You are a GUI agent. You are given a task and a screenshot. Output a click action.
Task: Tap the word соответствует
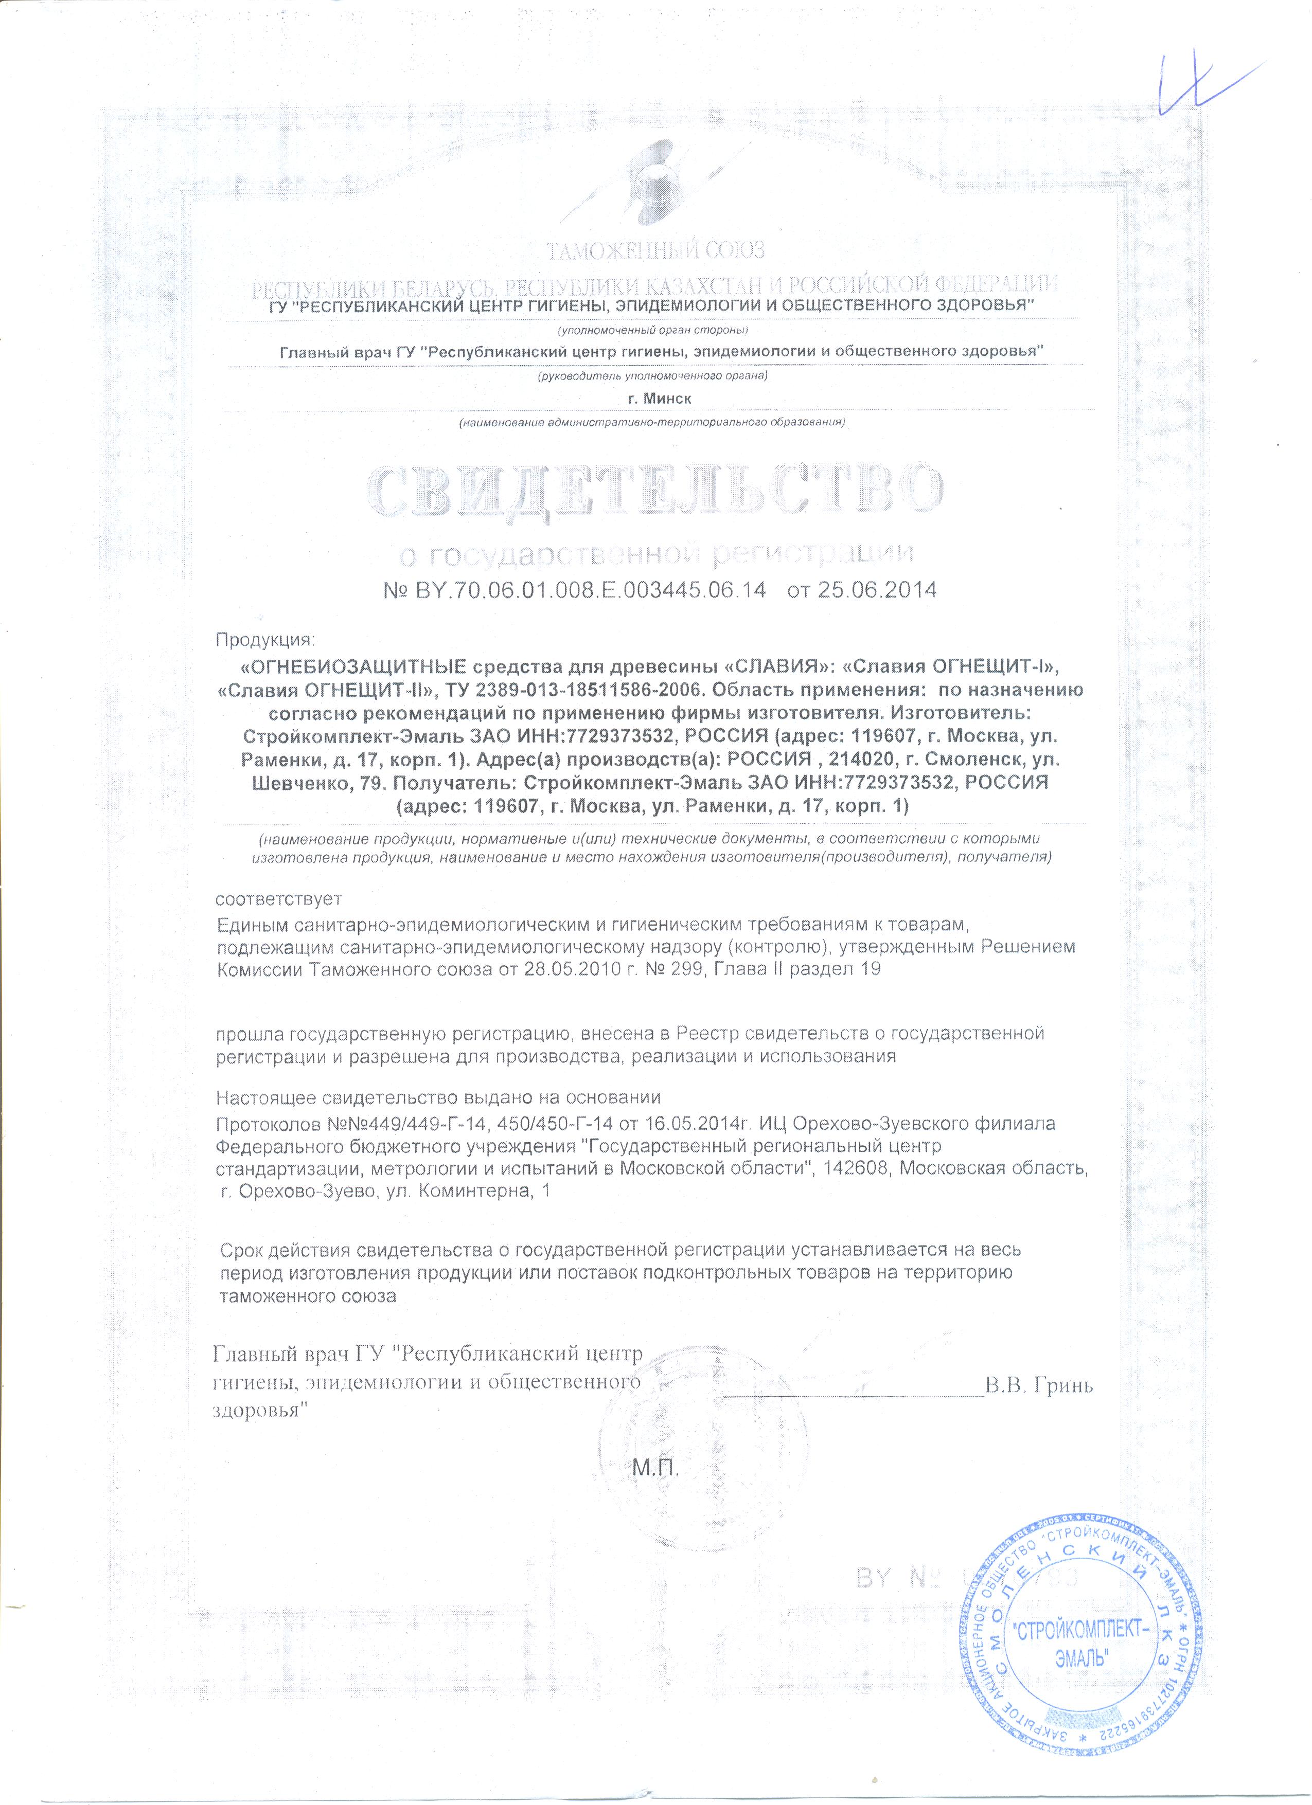click(x=279, y=899)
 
